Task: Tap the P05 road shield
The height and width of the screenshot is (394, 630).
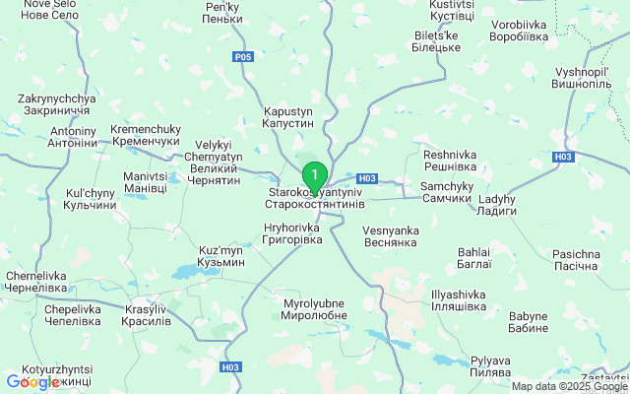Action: [243, 57]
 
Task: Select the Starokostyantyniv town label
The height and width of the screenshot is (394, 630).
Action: [315, 198]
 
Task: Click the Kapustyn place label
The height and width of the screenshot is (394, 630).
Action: [287, 118]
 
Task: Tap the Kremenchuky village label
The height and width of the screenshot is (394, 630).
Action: [145, 136]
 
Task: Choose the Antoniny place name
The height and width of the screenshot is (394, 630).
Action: [74, 137]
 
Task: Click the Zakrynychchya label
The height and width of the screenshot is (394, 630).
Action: [56, 105]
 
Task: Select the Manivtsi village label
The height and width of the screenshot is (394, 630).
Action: [145, 182]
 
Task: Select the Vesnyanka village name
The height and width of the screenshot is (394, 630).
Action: [391, 235]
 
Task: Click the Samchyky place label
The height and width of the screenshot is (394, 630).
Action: [446, 192]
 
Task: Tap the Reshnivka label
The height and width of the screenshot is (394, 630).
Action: [450, 161]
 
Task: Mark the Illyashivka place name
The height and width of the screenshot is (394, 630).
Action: [459, 300]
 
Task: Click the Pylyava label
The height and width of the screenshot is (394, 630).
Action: [490, 367]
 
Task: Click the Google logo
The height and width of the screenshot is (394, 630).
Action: [33, 382]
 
